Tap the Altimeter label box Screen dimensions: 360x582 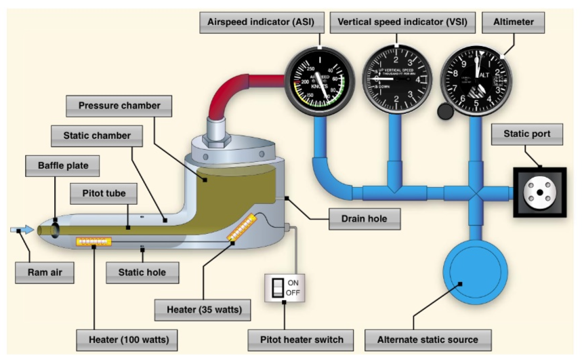[514, 22]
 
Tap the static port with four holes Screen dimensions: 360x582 [539, 192]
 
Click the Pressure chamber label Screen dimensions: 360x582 [119, 106]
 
